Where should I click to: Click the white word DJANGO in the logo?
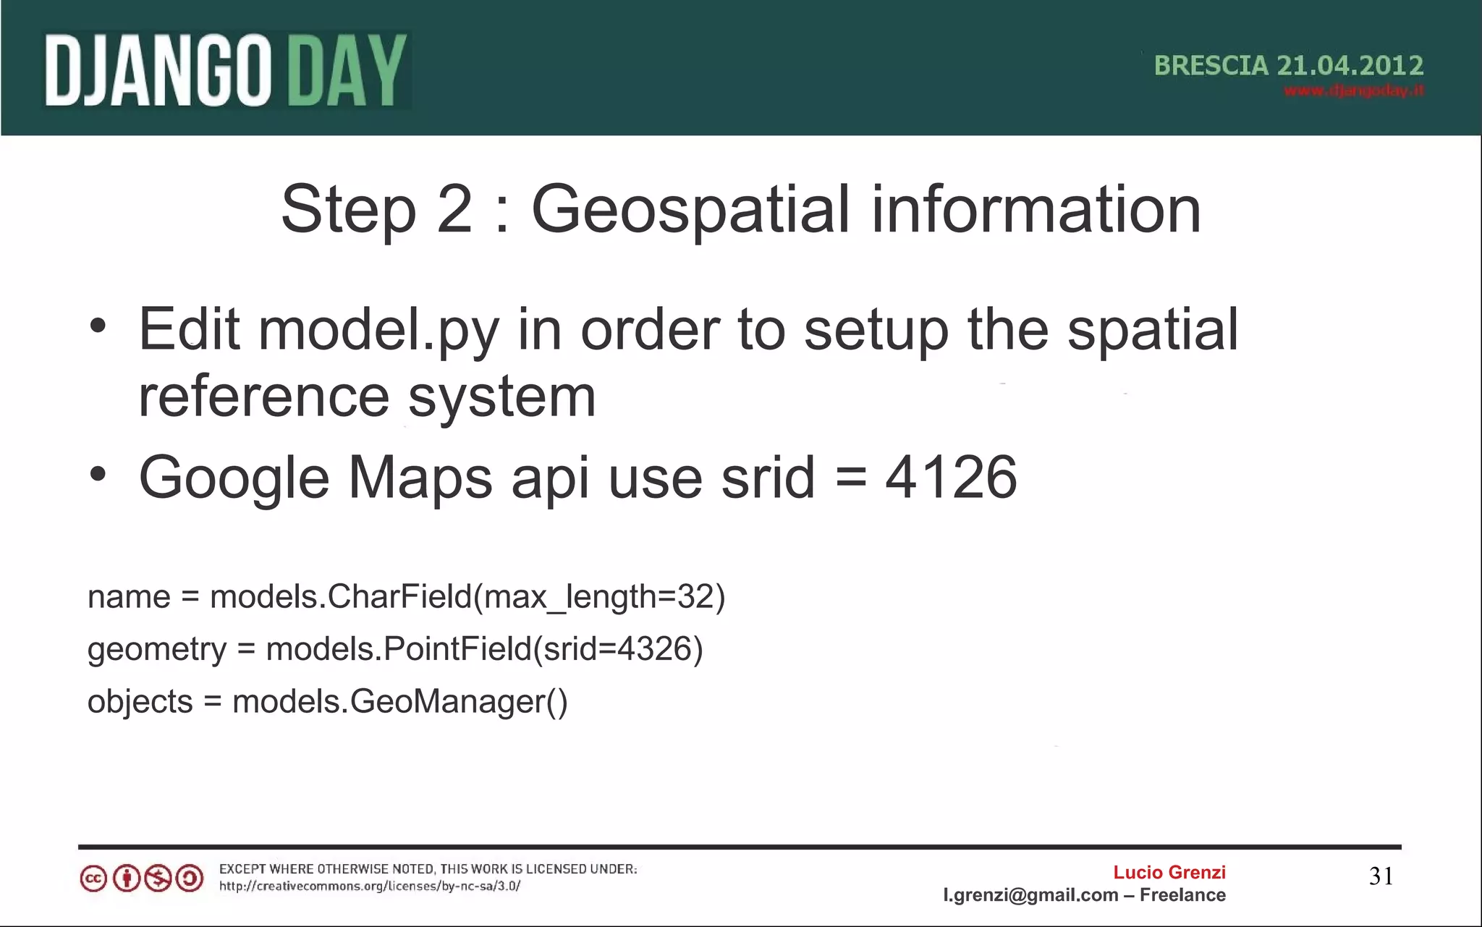pos(158,71)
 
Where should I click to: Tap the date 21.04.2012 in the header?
pos(1350,66)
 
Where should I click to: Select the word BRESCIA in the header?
pos(1211,66)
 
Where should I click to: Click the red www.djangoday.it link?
pos(1354,91)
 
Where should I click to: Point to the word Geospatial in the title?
pos(690,210)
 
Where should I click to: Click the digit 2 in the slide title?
pos(454,210)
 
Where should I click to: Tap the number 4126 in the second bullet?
pos(951,478)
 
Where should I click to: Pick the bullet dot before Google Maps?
pos(98,475)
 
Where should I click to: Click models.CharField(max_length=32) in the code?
pos(467,597)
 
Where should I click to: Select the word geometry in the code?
pos(157,650)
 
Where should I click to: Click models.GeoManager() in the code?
pos(399,702)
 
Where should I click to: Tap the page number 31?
pos(1381,876)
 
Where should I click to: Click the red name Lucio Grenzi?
pos(1169,872)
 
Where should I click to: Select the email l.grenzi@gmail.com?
pos(1030,895)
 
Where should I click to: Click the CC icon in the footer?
pos(93,879)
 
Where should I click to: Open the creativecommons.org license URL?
pos(370,886)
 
